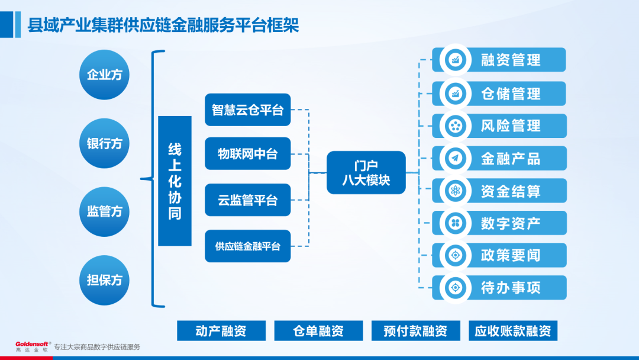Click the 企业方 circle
[x=104, y=75]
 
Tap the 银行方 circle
[x=104, y=143]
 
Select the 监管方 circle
[x=104, y=211]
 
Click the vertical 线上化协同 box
[x=175, y=181]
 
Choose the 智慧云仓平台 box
[x=248, y=110]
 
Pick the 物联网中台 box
[x=248, y=154]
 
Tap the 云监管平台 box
[x=248, y=200]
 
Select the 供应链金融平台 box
[x=248, y=246]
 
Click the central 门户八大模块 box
[x=366, y=173]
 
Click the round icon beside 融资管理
[x=456, y=60]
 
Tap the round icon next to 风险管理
[x=456, y=126]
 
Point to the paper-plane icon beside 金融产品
[x=456, y=158]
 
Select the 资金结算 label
[x=511, y=191]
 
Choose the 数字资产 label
[x=511, y=223]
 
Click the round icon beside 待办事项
[x=456, y=288]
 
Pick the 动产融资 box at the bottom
[x=221, y=330]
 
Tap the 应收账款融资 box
[x=513, y=330]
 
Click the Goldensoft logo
[x=33, y=346]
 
